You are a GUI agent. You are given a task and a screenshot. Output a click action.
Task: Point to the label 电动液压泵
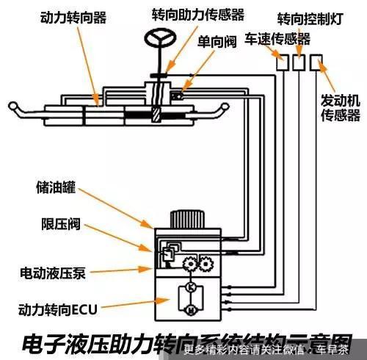pyautogui.click(x=52, y=274)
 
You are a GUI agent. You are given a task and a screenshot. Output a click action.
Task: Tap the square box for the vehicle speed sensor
pyautogui.click(x=283, y=64)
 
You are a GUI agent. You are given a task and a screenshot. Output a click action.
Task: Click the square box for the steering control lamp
pyautogui.click(x=299, y=64)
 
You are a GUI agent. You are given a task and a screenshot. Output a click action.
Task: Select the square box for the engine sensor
pyautogui.click(x=316, y=64)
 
